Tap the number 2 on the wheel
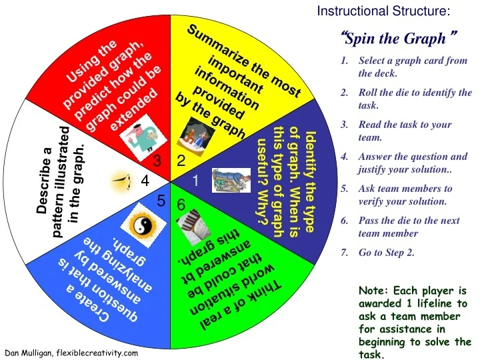tap(181, 161)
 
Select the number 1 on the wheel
tap(196, 181)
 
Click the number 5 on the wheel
tap(161, 200)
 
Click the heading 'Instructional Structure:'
tap(383, 11)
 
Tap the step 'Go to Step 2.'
tap(386, 252)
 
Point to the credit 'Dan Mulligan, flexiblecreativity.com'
tap(71, 353)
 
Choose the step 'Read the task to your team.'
tap(404, 131)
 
